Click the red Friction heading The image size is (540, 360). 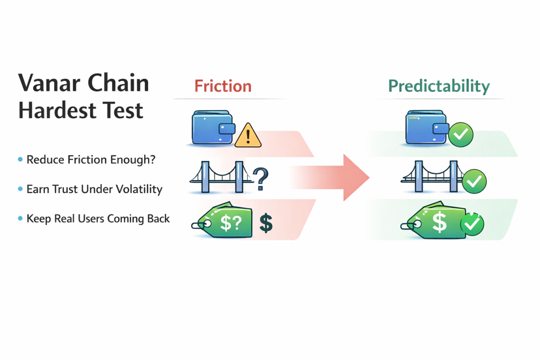[x=222, y=86]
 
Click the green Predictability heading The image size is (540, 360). [x=438, y=86]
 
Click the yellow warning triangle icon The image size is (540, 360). [x=248, y=136]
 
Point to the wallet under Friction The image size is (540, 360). [x=213, y=127]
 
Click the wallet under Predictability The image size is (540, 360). [x=426, y=127]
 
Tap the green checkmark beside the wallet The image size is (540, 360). [x=461, y=134]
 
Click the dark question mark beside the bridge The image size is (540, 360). [x=261, y=178]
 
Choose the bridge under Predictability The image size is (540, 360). [x=431, y=177]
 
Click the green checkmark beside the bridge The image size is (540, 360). [x=474, y=181]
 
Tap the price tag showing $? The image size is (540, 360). [x=224, y=222]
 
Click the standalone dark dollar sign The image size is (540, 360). [x=266, y=223]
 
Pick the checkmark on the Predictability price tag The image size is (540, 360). [x=472, y=224]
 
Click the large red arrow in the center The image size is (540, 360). [x=339, y=177]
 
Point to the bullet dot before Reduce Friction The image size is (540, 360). [x=20, y=160]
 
